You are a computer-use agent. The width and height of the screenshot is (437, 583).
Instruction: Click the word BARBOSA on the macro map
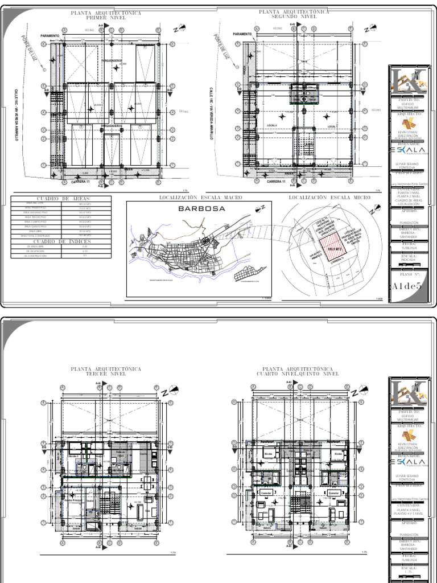point(202,208)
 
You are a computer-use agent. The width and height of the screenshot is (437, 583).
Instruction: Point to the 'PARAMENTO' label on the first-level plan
point(51,35)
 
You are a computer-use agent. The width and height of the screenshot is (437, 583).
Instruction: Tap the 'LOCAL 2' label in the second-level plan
point(272,125)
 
